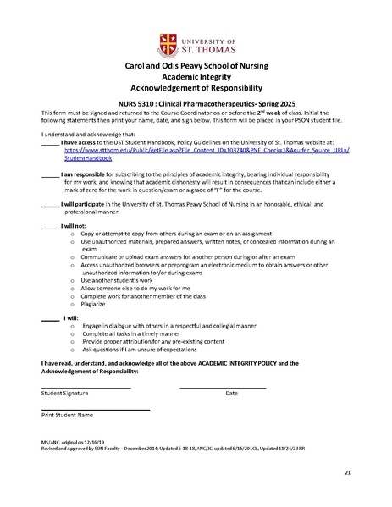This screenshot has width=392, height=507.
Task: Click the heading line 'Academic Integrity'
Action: tap(196, 74)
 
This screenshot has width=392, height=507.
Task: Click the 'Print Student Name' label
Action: tap(67, 416)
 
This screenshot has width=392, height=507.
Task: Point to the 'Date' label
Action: tap(231, 394)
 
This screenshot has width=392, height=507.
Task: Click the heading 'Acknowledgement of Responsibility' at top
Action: tap(196, 87)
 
